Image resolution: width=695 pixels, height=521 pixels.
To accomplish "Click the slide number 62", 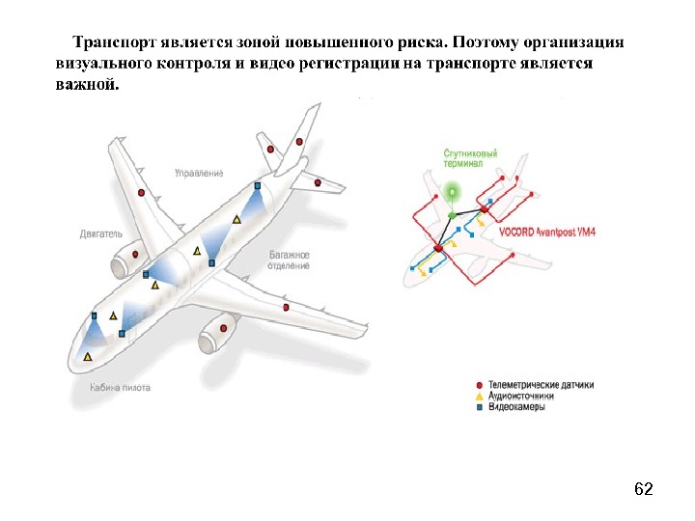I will click(x=644, y=490).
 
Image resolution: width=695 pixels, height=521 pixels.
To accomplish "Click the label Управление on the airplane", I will click(x=199, y=173).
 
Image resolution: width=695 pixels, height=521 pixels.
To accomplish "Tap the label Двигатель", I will click(x=101, y=233).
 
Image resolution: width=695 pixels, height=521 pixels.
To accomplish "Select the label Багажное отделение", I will click(x=290, y=260).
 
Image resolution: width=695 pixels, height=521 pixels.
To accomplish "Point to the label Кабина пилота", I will click(x=120, y=388).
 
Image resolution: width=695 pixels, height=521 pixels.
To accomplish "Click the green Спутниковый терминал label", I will click(x=470, y=158).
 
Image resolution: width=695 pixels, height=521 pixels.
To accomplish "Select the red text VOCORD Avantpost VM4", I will click(x=547, y=232).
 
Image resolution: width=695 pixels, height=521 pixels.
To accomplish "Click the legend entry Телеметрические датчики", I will click(x=541, y=384).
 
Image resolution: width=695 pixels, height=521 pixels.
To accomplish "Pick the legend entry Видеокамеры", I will click(x=516, y=407).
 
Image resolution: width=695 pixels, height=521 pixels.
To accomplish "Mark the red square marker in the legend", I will click(x=480, y=384).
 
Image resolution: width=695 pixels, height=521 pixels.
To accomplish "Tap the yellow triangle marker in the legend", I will click(x=480, y=396).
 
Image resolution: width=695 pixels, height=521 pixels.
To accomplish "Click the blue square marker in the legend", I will click(x=480, y=407).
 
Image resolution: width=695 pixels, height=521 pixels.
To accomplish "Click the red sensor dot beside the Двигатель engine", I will click(x=135, y=254).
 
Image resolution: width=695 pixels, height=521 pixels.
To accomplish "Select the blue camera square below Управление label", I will click(x=258, y=185).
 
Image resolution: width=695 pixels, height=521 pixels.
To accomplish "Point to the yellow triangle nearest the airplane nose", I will click(x=88, y=357).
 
